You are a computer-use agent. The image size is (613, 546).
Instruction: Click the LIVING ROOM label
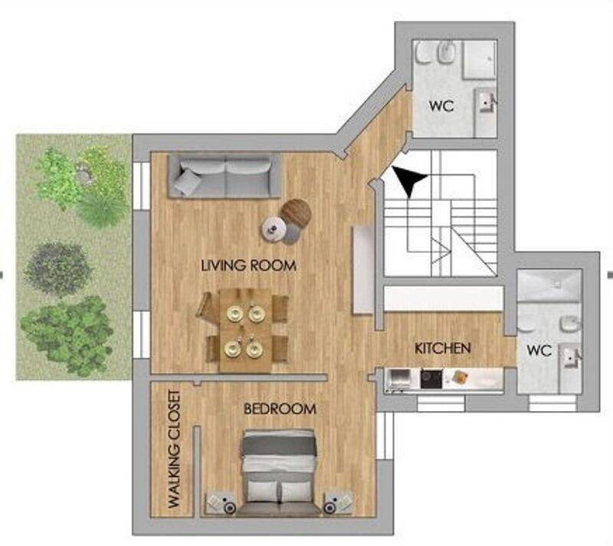[248, 265]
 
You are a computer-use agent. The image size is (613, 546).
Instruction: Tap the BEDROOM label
[280, 409]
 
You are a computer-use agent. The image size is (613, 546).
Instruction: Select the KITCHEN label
[443, 348]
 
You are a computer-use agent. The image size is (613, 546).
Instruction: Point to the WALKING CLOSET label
[174, 449]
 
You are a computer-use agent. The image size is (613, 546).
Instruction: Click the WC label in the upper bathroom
[441, 106]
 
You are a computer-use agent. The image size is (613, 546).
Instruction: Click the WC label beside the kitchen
[539, 350]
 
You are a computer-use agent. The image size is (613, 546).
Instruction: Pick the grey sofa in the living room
[225, 176]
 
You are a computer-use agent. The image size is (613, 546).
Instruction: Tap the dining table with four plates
[245, 331]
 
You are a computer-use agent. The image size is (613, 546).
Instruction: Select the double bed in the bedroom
[279, 472]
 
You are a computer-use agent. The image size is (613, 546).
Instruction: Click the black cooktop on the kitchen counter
[431, 379]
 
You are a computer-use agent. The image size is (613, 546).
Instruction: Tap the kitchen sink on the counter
[398, 379]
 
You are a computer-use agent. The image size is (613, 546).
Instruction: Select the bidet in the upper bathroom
[446, 53]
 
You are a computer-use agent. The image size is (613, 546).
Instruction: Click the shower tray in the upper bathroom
[480, 60]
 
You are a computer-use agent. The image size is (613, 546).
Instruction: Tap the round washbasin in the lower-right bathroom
[570, 324]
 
